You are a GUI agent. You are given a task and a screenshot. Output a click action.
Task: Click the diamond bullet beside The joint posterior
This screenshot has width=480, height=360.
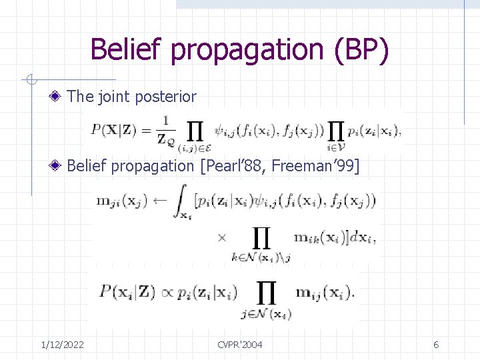point(59,97)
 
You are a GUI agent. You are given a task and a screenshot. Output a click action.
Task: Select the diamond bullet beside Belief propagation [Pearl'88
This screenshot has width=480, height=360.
point(59,166)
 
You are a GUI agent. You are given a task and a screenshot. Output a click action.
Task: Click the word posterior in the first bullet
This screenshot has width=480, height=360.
point(166,97)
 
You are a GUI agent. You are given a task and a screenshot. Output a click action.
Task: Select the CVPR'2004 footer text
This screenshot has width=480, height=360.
point(239,344)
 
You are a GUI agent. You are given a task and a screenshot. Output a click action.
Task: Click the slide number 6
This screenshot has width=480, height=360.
point(436,344)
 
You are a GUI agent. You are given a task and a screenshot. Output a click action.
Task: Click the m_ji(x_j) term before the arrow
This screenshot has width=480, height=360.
point(123,200)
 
